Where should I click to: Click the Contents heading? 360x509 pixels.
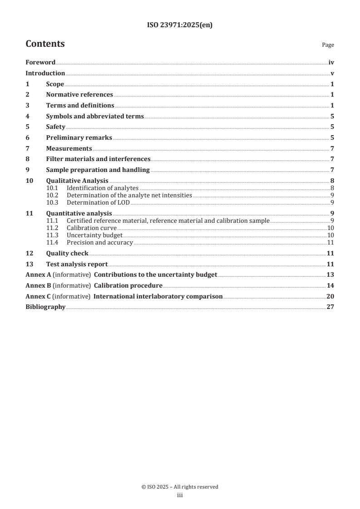click(x=45, y=44)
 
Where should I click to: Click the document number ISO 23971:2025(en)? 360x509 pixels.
click(x=180, y=25)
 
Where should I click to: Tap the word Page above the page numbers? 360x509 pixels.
click(x=328, y=45)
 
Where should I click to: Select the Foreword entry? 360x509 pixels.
click(x=40, y=63)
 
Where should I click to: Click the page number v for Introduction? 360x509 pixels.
click(x=332, y=73)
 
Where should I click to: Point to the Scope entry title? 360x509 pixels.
click(x=55, y=84)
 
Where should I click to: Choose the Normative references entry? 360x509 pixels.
click(x=79, y=95)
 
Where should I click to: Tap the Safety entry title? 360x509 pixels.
click(x=56, y=127)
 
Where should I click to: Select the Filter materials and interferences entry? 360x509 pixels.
click(x=98, y=159)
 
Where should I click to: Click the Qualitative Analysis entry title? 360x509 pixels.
click(x=77, y=181)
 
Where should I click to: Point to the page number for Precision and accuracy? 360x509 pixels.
click(x=330, y=243)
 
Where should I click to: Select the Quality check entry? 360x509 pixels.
click(x=67, y=254)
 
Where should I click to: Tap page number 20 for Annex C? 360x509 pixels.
click(x=330, y=297)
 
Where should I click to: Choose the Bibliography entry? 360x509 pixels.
click(x=45, y=307)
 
